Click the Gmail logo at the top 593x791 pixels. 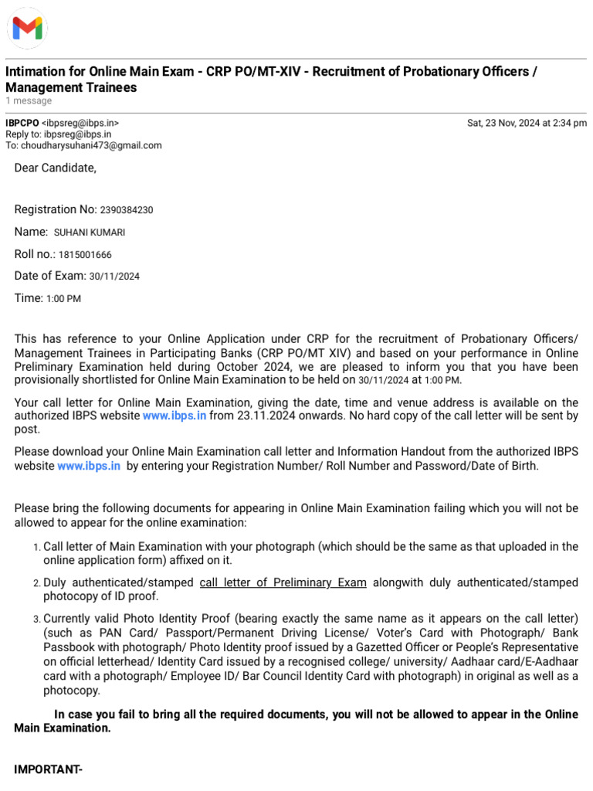coord(27,29)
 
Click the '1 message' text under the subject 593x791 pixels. coord(29,101)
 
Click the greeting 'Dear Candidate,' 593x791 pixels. coord(56,168)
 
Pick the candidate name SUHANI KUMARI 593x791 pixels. coord(90,233)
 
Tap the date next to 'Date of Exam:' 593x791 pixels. coord(114,277)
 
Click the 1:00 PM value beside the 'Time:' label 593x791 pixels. coord(64,299)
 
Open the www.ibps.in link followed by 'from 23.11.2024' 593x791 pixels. coord(174,416)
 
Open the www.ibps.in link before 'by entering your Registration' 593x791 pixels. coord(88,466)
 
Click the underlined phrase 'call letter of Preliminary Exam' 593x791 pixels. coord(283,582)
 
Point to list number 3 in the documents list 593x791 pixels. coord(36,620)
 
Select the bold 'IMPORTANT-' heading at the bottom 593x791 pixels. coord(48,769)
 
